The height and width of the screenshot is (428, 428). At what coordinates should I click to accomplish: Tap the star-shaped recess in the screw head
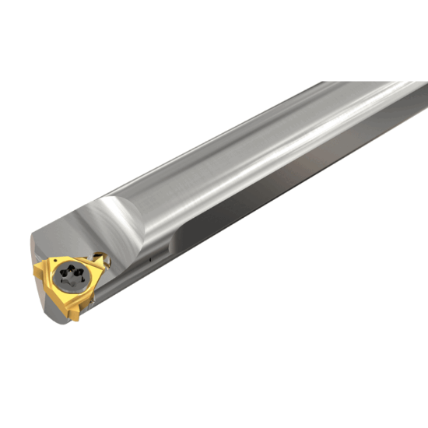[72, 275]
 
